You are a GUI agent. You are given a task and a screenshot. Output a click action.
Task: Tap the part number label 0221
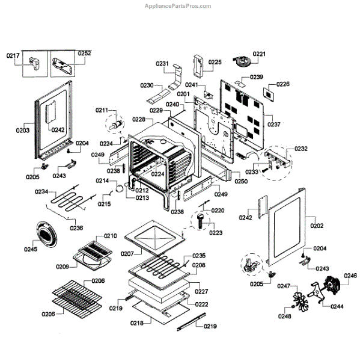point(259,54)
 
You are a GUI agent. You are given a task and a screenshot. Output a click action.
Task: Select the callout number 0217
point(13,55)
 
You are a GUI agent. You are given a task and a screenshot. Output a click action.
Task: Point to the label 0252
point(84,54)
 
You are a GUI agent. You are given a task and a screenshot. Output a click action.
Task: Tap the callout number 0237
point(274,125)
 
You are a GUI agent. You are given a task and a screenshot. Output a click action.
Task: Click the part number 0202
point(317,226)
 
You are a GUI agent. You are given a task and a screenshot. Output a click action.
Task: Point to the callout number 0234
point(41,192)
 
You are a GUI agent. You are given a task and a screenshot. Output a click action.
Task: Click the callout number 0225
point(215,62)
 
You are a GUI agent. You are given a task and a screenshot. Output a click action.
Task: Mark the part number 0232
point(301,149)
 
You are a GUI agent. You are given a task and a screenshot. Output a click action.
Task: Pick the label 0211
point(102,110)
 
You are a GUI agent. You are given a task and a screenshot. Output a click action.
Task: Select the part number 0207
point(127,254)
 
